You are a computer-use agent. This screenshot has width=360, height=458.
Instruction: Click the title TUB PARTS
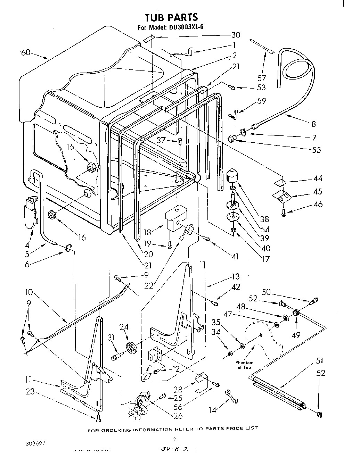(171, 17)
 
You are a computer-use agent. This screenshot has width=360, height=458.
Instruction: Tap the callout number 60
(26, 52)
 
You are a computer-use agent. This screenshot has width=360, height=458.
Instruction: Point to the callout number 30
(236, 35)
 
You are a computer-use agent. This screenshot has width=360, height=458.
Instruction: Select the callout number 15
(71, 147)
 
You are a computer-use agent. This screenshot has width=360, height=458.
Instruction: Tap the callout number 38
(264, 219)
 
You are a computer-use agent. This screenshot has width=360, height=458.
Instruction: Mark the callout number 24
(124, 327)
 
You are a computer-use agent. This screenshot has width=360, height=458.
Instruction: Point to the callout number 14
(212, 410)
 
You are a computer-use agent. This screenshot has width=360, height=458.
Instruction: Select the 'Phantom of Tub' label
(246, 365)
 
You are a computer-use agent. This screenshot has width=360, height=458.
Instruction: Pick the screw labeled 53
(233, 88)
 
